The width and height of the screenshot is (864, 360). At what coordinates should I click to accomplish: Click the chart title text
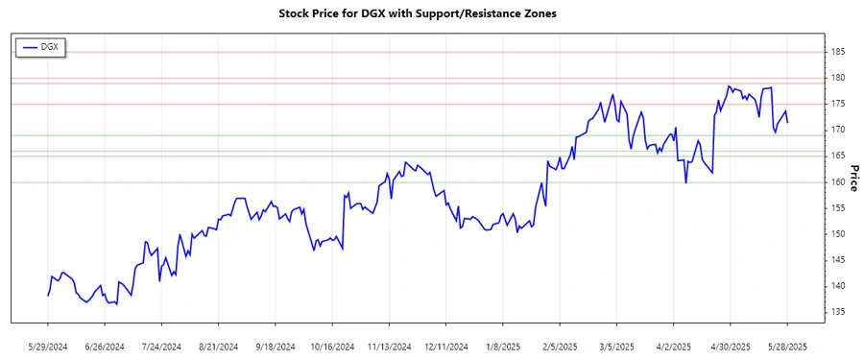coord(417,13)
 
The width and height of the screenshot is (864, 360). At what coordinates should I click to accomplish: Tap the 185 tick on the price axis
coord(838,52)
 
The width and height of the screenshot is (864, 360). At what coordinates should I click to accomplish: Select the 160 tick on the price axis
coord(838,182)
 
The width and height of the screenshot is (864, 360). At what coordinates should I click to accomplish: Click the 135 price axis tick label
coord(838,312)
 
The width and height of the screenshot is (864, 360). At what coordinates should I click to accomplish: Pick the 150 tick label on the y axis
coord(838,234)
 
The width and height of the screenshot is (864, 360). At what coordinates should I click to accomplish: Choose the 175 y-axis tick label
coord(838,104)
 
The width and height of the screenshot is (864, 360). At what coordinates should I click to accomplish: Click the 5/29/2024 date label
coord(48,347)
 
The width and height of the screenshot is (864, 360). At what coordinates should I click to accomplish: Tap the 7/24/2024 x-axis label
coord(162,347)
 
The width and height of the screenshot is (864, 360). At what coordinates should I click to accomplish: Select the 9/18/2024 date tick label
coord(276,347)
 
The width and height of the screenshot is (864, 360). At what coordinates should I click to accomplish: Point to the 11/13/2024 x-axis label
coord(389,347)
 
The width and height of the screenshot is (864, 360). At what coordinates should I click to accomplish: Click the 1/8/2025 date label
coord(503,347)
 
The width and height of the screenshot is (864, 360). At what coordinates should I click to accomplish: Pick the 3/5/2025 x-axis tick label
coord(616,347)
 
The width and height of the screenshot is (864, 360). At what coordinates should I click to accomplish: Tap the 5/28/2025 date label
coord(787,347)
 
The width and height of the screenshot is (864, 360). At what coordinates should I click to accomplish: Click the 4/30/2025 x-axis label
coord(731,347)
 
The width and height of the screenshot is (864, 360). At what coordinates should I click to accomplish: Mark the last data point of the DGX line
coord(787,122)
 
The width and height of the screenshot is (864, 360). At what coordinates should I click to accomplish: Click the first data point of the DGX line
coord(48,295)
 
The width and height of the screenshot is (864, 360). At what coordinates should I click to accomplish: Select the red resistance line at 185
coord(432,52)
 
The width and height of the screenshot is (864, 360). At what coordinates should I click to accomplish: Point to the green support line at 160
coord(432,182)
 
